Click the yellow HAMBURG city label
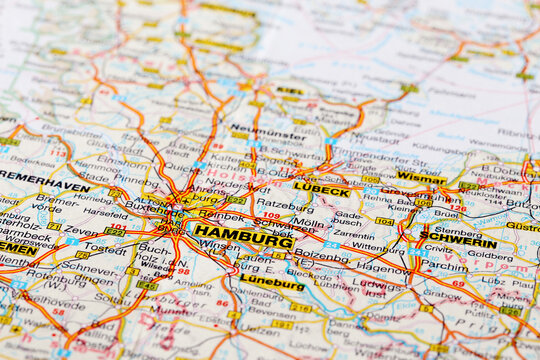(243, 238)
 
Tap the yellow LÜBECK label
(322, 190)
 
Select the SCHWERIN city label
(458, 241)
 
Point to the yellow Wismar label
(420, 178)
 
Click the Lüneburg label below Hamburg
(271, 284)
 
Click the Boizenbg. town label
(321, 257)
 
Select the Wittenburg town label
(378, 246)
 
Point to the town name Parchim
(444, 266)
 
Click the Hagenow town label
(382, 267)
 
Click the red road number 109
(271, 215)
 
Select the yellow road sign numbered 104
(384, 221)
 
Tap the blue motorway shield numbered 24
(331, 244)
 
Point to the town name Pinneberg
(135, 180)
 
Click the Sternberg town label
(457, 229)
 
